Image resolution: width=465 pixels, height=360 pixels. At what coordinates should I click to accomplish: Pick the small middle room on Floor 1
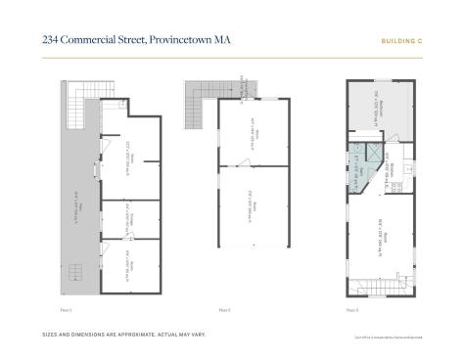pos(128,219)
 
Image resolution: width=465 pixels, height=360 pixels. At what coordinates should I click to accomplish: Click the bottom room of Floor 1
pos(128,265)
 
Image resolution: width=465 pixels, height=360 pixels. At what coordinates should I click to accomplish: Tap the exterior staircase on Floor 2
pos(202,96)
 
